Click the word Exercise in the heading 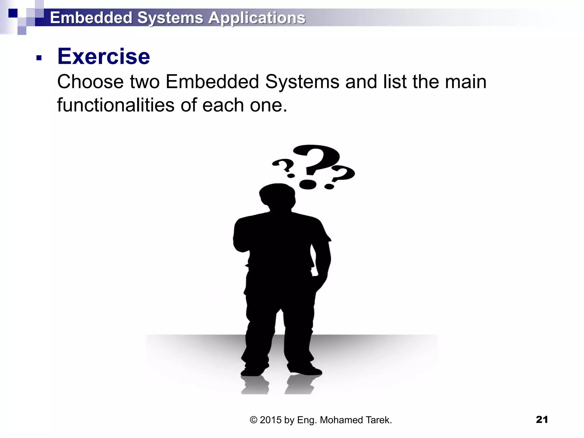coord(104,56)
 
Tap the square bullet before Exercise coord(39,58)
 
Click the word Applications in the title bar coord(257,18)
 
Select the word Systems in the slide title coord(170,18)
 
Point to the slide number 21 coord(542,419)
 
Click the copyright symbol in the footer coord(254,420)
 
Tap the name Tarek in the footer coord(378,420)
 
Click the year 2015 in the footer coord(271,420)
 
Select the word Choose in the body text coord(90,82)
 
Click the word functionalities coord(116,105)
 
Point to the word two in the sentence coord(145,82)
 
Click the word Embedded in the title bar coord(91,18)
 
